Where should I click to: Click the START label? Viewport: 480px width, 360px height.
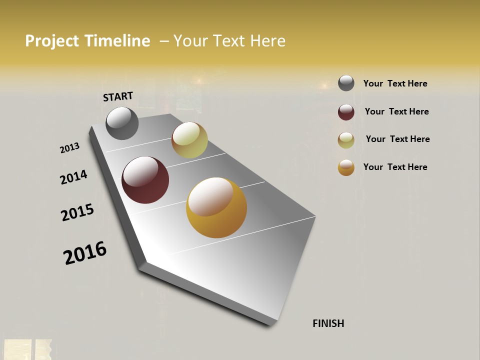click(118, 96)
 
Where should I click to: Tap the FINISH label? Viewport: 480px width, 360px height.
click(328, 323)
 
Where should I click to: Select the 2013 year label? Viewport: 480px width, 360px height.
click(69, 148)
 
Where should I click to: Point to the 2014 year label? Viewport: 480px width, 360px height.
click(73, 177)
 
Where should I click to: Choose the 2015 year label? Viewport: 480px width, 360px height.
click(77, 212)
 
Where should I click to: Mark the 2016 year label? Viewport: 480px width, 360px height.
click(85, 253)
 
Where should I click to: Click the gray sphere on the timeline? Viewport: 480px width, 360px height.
click(122, 123)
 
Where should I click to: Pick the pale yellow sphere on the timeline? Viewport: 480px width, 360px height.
click(189, 140)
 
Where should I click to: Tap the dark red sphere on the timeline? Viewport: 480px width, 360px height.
click(145, 180)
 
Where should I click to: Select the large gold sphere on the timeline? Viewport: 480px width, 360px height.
click(216, 207)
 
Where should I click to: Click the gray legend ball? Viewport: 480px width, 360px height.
click(346, 83)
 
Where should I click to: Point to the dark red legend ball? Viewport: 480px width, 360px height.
click(346, 112)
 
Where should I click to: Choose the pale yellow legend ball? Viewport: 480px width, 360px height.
click(346, 140)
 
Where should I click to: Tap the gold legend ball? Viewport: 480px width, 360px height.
click(346, 167)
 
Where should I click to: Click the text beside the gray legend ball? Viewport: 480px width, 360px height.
click(395, 83)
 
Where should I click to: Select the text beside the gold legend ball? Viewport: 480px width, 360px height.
click(395, 167)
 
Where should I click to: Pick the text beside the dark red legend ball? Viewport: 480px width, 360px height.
click(396, 111)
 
